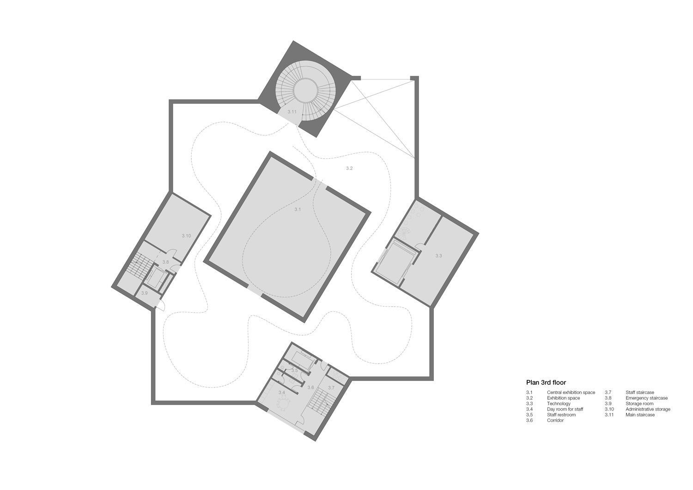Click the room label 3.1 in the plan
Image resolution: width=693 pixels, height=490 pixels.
pyautogui.click(x=298, y=209)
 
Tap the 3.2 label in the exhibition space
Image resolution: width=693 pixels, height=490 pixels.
pyautogui.click(x=349, y=168)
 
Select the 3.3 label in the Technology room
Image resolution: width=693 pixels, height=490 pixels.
pyautogui.click(x=439, y=256)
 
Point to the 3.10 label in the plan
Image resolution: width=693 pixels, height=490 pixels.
pyautogui.click(x=186, y=236)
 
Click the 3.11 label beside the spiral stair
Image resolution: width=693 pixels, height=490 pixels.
pyautogui.click(x=292, y=112)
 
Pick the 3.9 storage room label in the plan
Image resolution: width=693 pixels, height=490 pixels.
pyautogui.click(x=144, y=293)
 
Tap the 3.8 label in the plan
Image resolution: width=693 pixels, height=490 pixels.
pyautogui.click(x=165, y=262)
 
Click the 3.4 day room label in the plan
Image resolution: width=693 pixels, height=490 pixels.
pyautogui.click(x=281, y=392)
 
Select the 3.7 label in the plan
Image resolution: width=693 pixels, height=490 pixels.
pyautogui.click(x=331, y=387)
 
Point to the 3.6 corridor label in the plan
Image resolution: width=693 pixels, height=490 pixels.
pyautogui.click(x=310, y=387)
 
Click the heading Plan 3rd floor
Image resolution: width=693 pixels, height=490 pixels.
pyautogui.click(x=546, y=383)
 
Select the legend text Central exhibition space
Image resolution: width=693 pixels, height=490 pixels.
pyautogui.click(x=571, y=393)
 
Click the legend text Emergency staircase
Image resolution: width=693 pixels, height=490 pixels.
pyautogui.click(x=646, y=398)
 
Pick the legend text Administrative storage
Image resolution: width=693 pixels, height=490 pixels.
pyautogui.click(x=648, y=409)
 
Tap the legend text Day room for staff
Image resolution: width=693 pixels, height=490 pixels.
pyautogui.click(x=565, y=409)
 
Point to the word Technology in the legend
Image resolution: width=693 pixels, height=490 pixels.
pyautogui.click(x=559, y=404)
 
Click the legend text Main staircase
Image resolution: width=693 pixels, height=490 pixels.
pyautogui.click(x=640, y=415)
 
